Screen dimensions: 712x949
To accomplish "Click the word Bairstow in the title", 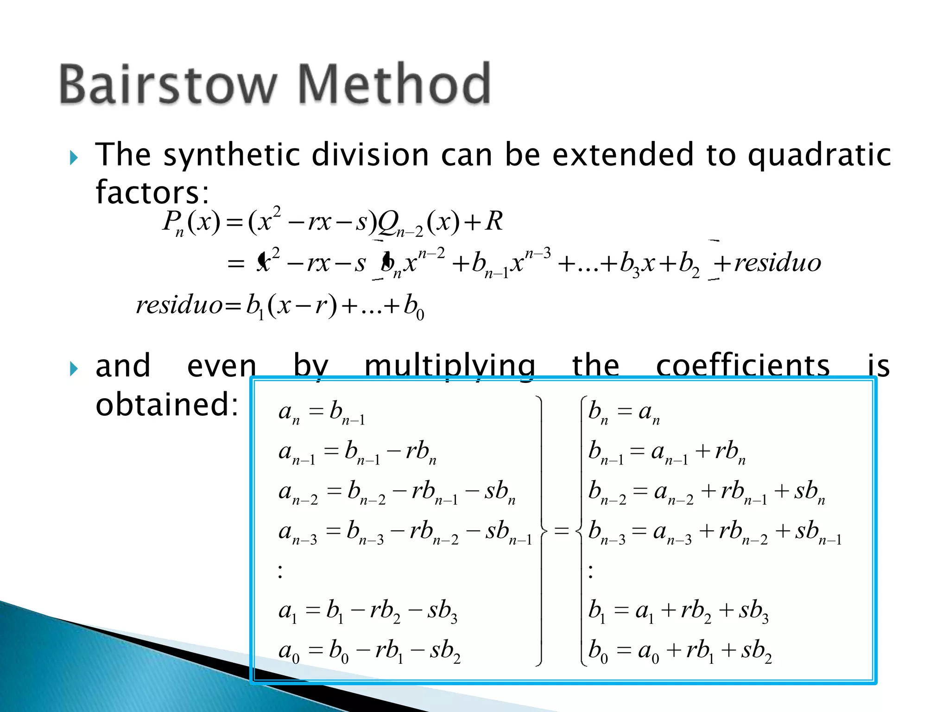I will click(168, 84).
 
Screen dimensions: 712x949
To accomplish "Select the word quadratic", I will click(819, 155).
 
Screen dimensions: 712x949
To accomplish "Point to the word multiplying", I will click(449, 366).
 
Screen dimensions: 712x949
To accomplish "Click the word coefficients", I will click(742, 366).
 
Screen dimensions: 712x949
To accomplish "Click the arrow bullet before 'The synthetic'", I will click(74, 158).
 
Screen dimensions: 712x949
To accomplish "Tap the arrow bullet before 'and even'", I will click(74, 369).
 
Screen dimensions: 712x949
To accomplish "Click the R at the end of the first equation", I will click(494, 221).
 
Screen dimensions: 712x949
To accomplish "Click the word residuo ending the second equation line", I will click(778, 263).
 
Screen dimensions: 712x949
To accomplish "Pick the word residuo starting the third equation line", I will click(179, 305).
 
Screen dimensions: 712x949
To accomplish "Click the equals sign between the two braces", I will click(561, 531).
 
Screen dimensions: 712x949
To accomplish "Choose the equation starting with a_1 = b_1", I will click(367, 611).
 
